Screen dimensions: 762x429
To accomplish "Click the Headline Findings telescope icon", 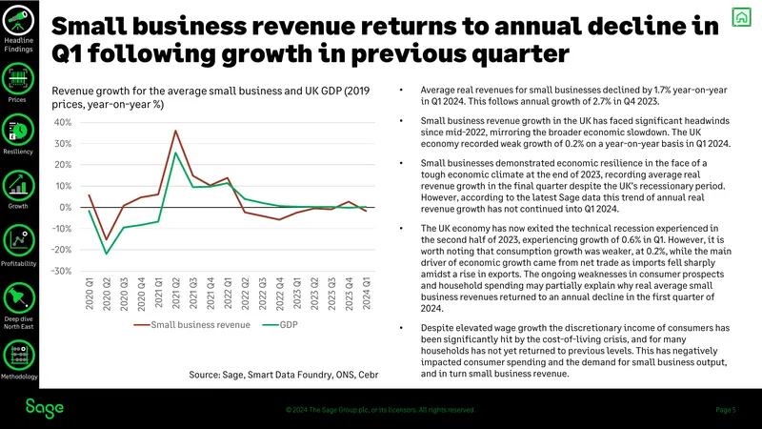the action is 18,20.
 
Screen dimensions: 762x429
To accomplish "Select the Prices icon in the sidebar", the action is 18,79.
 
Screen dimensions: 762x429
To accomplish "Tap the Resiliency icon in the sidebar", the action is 18,130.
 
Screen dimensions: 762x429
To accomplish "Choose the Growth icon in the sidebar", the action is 18,185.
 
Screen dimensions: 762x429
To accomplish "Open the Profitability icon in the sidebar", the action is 19,240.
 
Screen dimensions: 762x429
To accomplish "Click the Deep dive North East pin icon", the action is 19,297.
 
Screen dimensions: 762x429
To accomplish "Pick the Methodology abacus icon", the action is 19,355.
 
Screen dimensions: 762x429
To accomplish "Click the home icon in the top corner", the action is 741,17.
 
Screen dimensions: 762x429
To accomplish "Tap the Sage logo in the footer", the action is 44,409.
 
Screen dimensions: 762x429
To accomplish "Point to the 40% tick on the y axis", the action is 63,123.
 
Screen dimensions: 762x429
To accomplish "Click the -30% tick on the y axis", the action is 61,271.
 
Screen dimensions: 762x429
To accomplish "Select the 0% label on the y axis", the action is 66,207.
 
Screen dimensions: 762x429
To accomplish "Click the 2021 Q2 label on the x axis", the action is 176,294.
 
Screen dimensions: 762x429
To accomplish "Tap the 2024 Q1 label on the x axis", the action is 367,294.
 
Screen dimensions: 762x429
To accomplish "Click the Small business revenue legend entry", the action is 192,325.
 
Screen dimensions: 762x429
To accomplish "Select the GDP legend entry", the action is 280,325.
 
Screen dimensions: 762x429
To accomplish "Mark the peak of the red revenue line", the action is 175,131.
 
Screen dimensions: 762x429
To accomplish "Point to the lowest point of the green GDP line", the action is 107,254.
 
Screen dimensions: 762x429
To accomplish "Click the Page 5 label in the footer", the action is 726,410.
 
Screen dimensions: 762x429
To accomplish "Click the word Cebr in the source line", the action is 369,375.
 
